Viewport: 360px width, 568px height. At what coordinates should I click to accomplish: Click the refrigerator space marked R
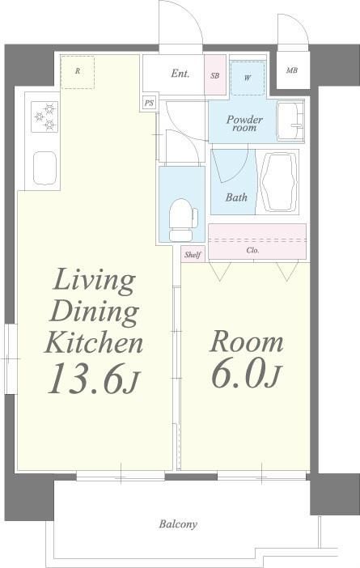click(78, 72)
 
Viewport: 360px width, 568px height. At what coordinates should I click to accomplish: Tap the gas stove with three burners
click(44, 117)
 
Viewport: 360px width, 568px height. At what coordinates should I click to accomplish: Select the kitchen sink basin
click(45, 168)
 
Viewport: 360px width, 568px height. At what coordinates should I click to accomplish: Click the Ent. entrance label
click(180, 74)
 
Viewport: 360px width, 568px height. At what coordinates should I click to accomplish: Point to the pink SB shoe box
click(215, 75)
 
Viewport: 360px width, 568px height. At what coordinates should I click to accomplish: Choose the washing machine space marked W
click(248, 78)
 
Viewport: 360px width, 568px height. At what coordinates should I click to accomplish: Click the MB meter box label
click(292, 70)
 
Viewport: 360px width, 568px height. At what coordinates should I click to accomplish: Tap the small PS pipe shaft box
click(149, 104)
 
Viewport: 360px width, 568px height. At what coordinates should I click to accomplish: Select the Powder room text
click(244, 124)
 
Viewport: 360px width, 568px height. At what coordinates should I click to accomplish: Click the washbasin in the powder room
click(290, 121)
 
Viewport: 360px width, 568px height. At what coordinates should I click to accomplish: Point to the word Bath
click(236, 197)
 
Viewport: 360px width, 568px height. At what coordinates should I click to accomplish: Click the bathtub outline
click(279, 182)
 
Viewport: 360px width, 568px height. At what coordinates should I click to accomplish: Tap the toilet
click(183, 220)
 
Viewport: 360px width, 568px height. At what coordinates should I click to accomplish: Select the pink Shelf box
click(193, 254)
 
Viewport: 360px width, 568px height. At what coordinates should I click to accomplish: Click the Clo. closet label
click(252, 250)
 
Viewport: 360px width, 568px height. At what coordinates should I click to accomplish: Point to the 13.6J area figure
click(93, 379)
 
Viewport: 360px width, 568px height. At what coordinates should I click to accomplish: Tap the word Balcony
click(179, 523)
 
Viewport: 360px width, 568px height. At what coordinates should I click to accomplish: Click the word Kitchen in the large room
click(94, 343)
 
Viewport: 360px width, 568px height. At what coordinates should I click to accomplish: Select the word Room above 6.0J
click(246, 341)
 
